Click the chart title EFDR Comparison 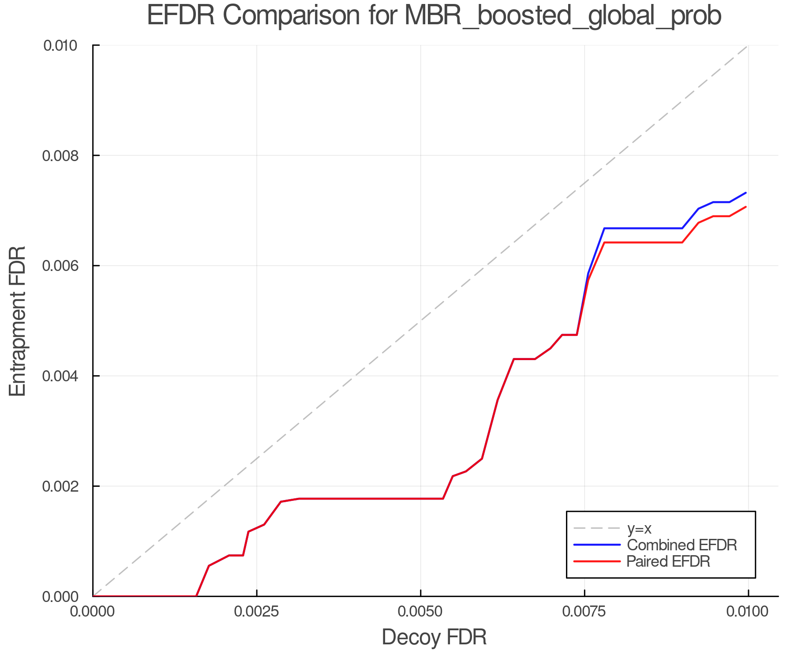434,16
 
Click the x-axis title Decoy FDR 434,637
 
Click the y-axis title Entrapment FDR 18,321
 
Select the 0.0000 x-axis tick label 93,612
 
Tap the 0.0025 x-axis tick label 257,612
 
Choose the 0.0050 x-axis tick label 421,612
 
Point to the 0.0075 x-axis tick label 584,612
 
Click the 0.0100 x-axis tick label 748,612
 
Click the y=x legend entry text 639,528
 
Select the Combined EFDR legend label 682,545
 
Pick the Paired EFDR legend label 668,561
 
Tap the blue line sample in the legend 597,545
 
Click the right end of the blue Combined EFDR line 746,193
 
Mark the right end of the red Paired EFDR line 746,207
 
